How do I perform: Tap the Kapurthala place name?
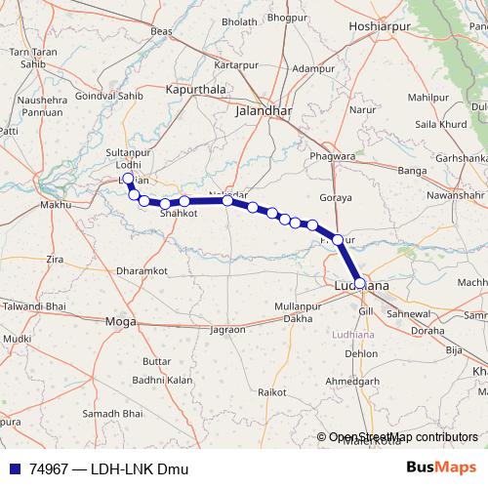(x=196, y=89)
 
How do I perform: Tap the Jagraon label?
(x=226, y=330)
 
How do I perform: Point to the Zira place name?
(x=55, y=260)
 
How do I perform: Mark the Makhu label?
(x=56, y=206)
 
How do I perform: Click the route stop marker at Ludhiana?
(x=360, y=283)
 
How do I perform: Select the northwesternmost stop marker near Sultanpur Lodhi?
(x=129, y=180)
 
